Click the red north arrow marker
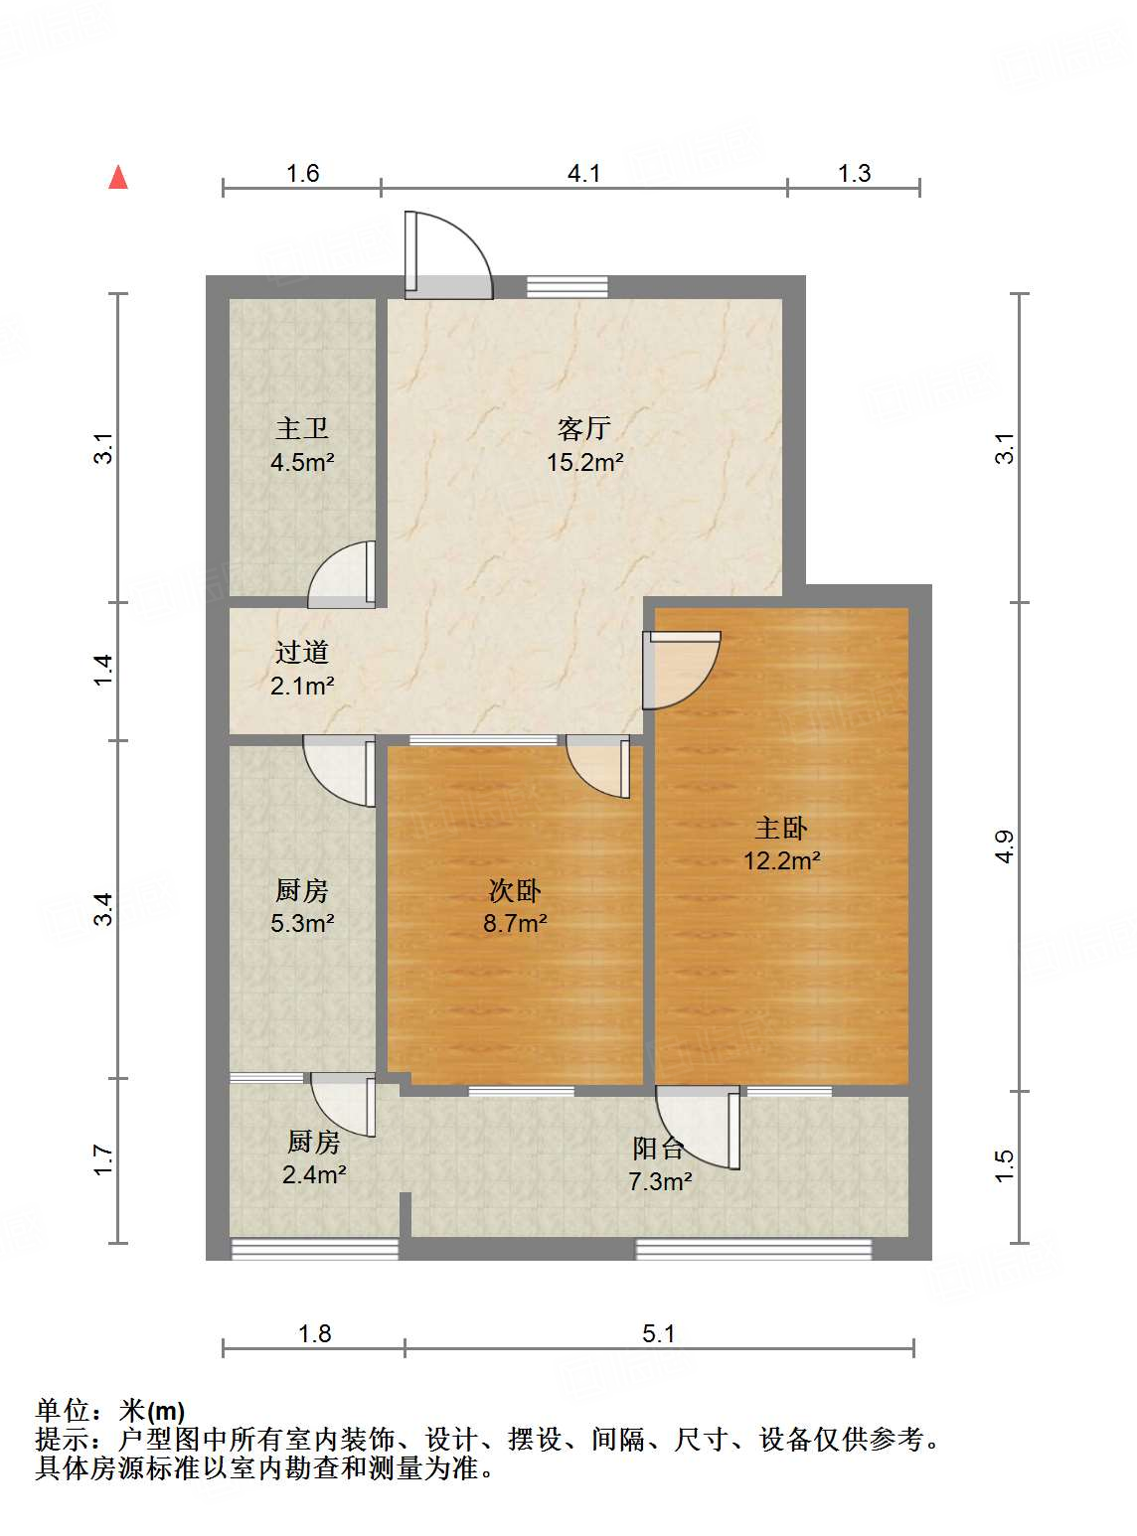pos(118,177)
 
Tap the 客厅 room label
pos(584,444)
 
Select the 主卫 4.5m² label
pos(302,444)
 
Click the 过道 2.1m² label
pos(302,669)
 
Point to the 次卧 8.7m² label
pos(515,906)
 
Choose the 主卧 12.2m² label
pos(782,844)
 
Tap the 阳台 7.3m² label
pos(660,1164)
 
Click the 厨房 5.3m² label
pos(302,906)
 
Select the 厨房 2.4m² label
pos(314,1158)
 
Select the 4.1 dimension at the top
pos(584,173)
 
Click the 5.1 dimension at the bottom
pos(658,1333)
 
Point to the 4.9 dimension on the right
pos(1004,845)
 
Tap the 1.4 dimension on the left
pos(103,670)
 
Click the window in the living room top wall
pos(567,286)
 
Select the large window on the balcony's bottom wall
pos(753,1249)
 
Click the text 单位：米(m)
pos(110,1410)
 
